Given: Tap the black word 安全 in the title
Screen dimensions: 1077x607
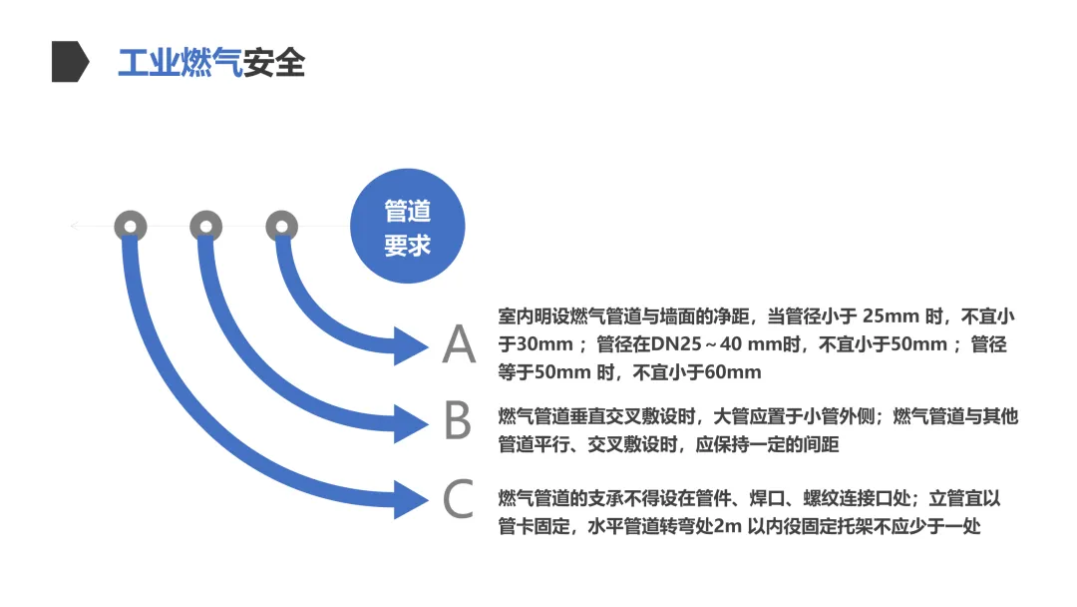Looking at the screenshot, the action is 274,62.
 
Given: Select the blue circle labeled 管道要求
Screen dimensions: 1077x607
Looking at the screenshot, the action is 408,227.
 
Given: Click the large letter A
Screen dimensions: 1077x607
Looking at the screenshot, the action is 459,344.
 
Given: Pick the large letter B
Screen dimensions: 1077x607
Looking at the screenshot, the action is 458,421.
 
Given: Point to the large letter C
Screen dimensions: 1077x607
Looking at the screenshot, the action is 458,499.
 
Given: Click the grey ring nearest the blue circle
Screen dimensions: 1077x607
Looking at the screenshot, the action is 282,227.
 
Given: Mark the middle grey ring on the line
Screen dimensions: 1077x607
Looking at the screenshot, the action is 206,227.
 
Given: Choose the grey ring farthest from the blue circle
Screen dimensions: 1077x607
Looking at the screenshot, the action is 130,227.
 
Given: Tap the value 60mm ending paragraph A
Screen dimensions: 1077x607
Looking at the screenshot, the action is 732,373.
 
